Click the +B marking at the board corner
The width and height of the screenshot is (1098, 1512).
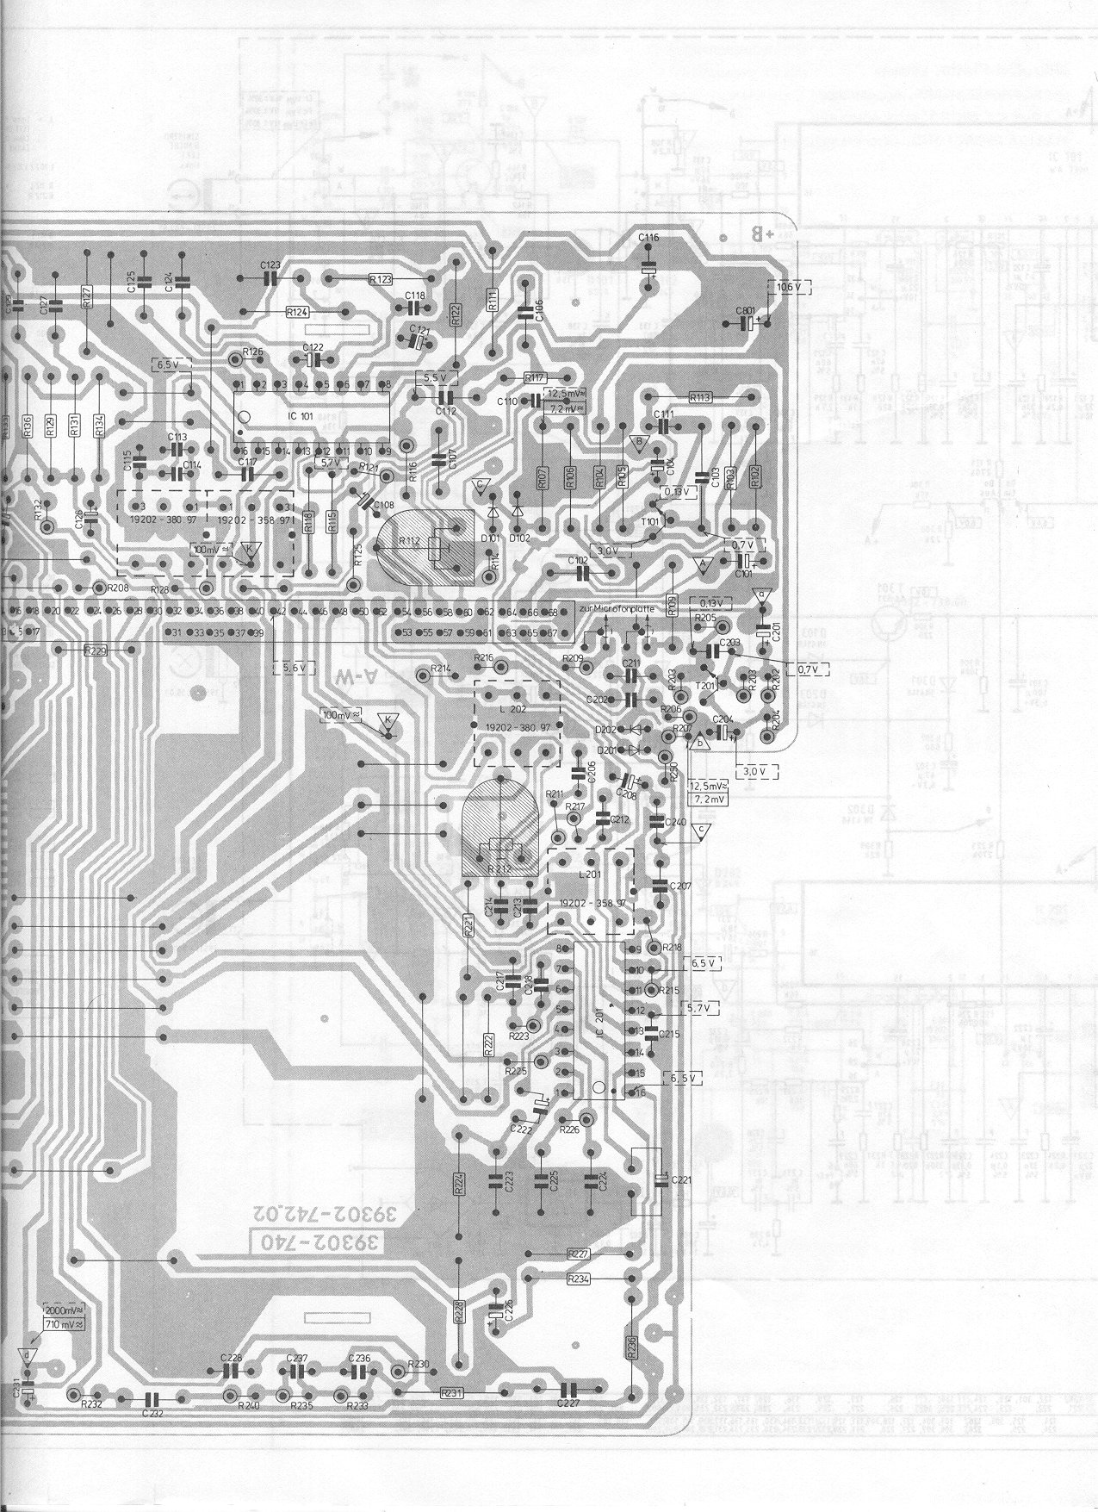(764, 233)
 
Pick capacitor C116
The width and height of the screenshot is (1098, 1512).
(649, 237)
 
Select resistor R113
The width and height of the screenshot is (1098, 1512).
(700, 398)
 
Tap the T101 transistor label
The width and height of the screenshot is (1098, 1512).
(649, 521)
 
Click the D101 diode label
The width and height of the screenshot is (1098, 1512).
(491, 538)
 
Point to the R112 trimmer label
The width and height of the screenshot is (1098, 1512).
(409, 540)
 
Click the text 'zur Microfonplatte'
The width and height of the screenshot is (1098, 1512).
(618, 609)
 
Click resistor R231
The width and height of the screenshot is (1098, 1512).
(451, 1391)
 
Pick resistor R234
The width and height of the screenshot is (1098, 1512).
(580, 1279)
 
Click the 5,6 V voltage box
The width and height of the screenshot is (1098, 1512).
(293, 667)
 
